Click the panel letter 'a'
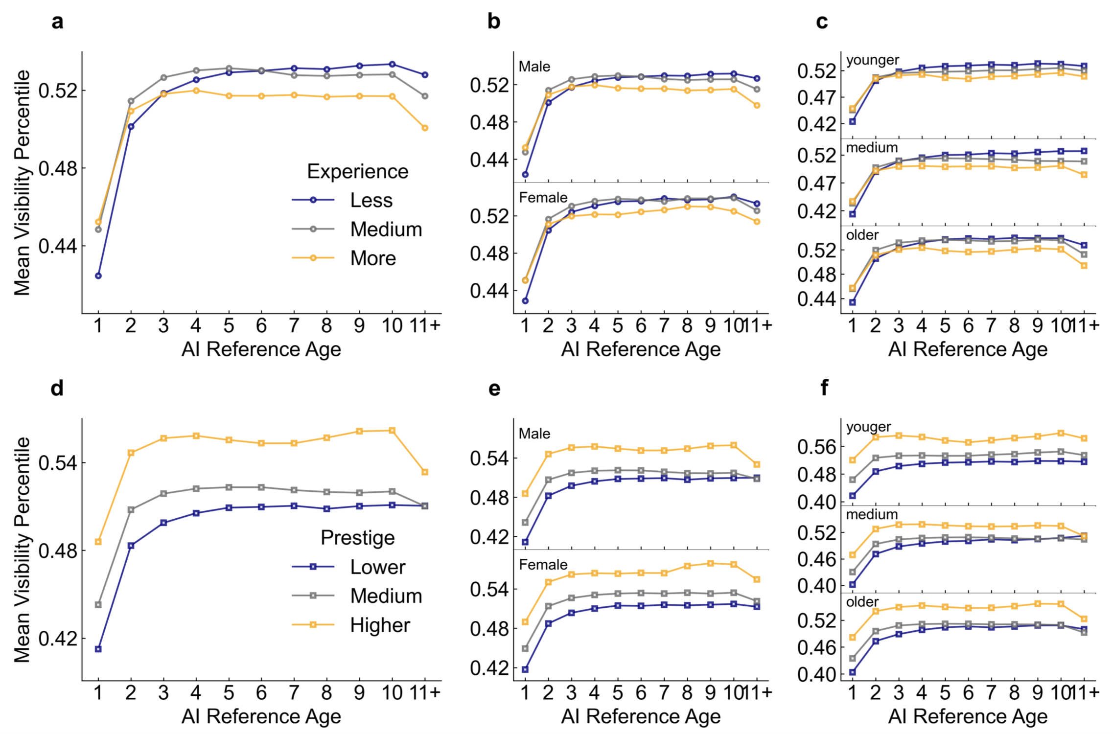[x=57, y=23]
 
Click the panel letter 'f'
[x=824, y=388]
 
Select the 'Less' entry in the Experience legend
[x=371, y=200]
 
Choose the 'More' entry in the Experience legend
[x=372, y=258]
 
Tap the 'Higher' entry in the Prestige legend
[x=380, y=625]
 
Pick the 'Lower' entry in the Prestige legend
[x=377, y=567]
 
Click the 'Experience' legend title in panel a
[x=357, y=171]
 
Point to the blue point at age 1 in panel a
[x=98, y=276]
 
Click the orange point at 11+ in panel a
[x=425, y=128]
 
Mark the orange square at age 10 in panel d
[x=392, y=431]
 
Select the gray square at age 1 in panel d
[x=98, y=605]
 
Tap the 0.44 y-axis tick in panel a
[x=57, y=246]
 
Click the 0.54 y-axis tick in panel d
[x=57, y=462]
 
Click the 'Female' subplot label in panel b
[x=543, y=198]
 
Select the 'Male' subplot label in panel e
[x=534, y=434]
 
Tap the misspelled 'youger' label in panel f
[x=868, y=427]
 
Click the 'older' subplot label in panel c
[x=862, y=235]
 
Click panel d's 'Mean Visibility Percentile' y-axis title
[x=23, y=550]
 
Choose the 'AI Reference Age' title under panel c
[x=968, y=349]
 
